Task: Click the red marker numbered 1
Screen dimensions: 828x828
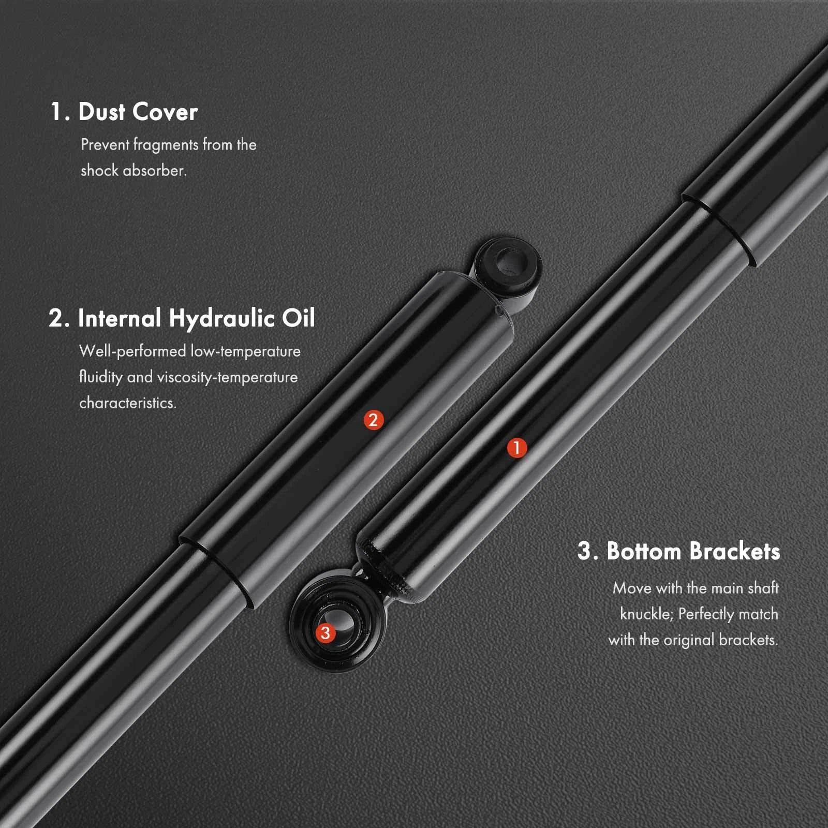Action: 516,448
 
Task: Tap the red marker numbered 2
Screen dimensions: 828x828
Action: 373,420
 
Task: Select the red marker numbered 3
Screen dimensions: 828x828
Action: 326,632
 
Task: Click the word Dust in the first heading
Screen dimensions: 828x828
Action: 102,112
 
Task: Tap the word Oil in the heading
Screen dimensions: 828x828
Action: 299,318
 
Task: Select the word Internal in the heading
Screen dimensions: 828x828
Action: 120,318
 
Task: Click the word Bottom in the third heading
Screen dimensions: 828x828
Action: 644,551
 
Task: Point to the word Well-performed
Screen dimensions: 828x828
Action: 132,351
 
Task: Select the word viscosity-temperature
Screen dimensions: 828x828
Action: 227,378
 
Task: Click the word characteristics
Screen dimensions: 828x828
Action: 128,403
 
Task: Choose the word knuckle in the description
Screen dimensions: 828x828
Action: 646,614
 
